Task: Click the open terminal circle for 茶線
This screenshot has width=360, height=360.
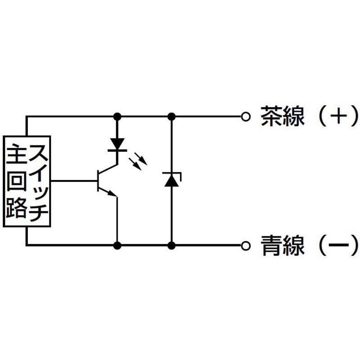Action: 245,117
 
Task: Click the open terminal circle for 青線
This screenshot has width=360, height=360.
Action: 245,246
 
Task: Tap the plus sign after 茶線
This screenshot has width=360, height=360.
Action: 338,116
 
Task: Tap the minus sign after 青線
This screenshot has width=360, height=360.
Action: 339,245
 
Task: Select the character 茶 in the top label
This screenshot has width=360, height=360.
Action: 271,116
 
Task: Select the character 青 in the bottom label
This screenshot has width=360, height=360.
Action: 271,245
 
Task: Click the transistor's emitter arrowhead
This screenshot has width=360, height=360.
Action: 112,193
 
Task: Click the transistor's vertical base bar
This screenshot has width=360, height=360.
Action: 98,181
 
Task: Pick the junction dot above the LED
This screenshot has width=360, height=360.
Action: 117,117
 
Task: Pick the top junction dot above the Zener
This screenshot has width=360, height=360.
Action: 171,117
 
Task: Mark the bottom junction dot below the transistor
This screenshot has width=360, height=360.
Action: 117,246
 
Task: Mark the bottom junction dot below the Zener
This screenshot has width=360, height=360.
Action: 171,246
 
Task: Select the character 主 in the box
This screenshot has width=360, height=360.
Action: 16,154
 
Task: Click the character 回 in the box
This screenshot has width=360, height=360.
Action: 16,181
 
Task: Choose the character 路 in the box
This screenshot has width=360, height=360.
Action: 16,207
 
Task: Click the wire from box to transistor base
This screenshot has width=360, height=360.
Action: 74,181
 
